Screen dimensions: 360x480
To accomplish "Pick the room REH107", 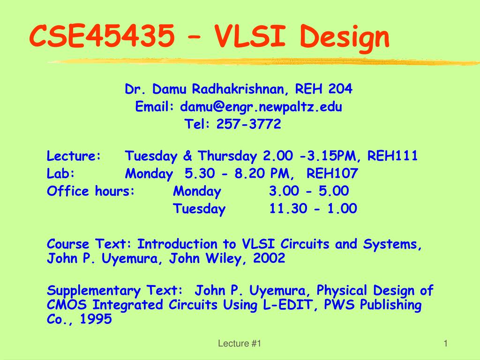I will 332,174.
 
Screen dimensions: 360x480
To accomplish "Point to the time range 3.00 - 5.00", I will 309,191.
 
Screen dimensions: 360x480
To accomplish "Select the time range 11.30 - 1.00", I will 313,209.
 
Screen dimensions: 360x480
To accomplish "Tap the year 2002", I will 269,258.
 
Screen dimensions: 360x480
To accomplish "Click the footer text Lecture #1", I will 240,344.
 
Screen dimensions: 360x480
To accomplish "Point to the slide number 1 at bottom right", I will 446,344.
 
